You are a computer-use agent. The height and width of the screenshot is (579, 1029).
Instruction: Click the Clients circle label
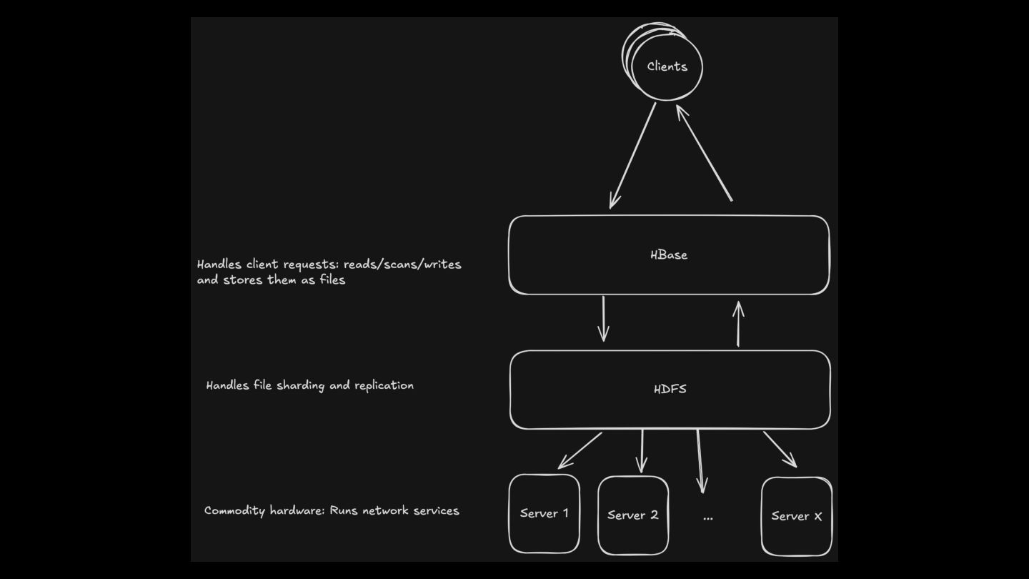[667, 66]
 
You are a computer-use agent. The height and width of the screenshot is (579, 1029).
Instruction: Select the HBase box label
[669, 254]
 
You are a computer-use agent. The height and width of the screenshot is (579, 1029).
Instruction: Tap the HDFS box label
[670, 390]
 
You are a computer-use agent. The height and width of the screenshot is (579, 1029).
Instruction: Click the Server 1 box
[545, 513]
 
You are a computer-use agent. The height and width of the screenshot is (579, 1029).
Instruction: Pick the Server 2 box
[632, 515]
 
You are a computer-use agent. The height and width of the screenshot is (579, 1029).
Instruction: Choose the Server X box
[796, 516]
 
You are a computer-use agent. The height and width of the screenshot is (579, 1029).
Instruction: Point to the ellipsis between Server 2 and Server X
[707, 517]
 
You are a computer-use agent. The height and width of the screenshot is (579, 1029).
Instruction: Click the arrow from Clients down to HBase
[633, 155]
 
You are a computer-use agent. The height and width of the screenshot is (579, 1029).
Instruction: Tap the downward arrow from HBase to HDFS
[604, 318]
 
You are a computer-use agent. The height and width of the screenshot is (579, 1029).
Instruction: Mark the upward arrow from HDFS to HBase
[738, 324]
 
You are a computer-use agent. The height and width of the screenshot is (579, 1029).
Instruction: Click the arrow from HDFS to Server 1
[580, 450]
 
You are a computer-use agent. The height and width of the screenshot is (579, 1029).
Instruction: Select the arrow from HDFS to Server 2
[642, 450]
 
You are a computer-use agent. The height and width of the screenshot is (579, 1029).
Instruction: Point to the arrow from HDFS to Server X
[780, 449]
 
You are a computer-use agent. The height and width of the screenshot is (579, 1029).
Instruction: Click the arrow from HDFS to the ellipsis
[700, 461]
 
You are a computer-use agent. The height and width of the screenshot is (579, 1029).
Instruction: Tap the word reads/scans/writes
[402, 264]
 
